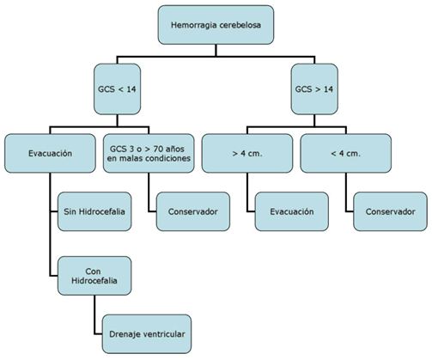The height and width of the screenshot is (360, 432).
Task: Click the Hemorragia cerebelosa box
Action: coord(216,25)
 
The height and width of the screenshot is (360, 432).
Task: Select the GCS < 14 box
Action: coord(117,89)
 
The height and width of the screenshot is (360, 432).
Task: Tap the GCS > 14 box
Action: coord(314,89)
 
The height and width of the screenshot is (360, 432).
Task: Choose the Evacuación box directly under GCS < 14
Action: coord(50,153)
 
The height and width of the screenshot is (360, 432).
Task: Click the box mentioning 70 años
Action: coord(149,153)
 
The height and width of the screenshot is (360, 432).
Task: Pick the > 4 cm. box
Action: coord(247,153)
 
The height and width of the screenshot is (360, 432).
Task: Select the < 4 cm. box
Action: coord(346,153)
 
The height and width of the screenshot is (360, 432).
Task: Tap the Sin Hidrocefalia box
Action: coord(94,211)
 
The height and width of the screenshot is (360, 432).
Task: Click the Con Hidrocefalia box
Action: coord(94,276)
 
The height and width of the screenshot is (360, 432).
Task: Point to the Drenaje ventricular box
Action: coord(147,334)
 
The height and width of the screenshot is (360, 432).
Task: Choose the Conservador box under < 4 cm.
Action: coord(390,211)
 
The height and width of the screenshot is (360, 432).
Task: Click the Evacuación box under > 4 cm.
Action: coord(292,211)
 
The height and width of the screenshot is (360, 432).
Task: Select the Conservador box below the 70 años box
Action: coord(193,211)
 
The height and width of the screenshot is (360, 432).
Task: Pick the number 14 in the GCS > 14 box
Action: coord(328,89)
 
